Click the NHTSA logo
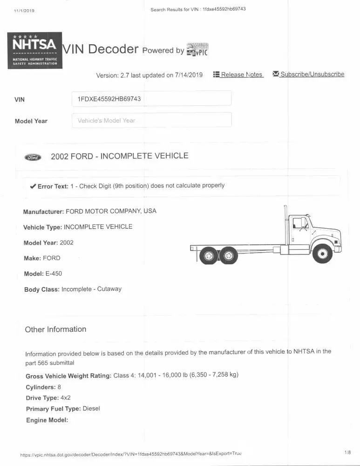pyautogui.click(x=34, y=50)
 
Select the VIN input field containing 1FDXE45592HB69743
pyautogui.click(x=151, y=99)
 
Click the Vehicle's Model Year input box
pyautogui.click(x=151, y=120)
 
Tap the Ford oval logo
pyautogui.click(x=33, y=157)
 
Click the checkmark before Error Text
pyautogui.click(x=33, y=186)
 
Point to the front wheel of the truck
pyautogui.click(x=322, y=254)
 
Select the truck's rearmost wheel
pyautogui.click(x=208, y=255)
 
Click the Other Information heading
pyautogui.click(x=55, y=329)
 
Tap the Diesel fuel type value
pyautogui.click(x=91, y=409)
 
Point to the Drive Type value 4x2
pyautogui.click(x=66, y=398)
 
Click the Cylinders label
pyautogui.click(x=41, y=387)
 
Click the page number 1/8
pyautogui.click(x=347, y=452)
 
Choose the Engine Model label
pyautogui.click(x=47, y=420)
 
